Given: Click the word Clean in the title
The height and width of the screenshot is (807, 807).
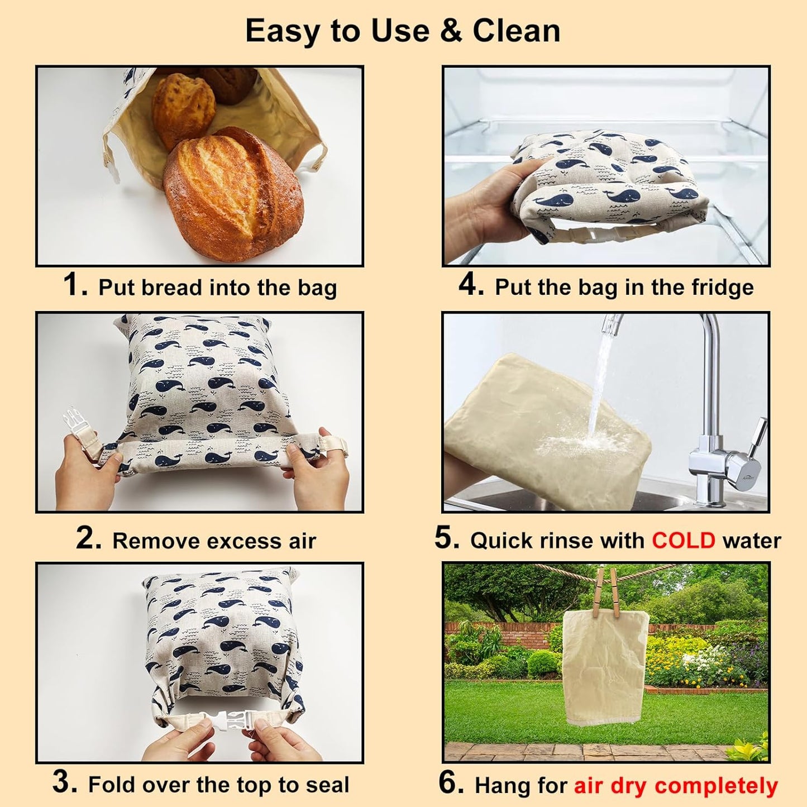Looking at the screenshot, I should tap(516, 31).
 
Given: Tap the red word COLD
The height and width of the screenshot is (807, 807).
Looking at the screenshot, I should tap(683, 541).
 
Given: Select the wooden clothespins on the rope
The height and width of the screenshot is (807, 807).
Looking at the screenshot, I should tap(607, 592).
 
